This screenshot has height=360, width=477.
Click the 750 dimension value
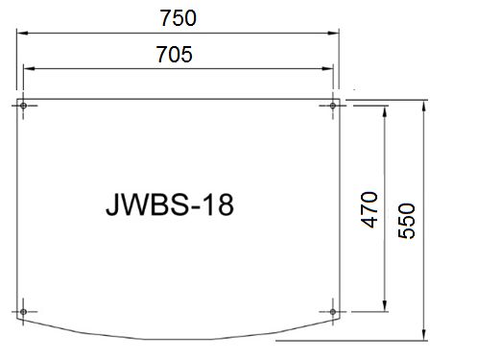pos(178,18)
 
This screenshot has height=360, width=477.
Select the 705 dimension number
pos(175,55)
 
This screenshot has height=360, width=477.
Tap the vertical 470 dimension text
pos(370,209)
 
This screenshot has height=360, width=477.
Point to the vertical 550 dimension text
pos(406,221)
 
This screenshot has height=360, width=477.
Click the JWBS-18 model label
pos(170,204)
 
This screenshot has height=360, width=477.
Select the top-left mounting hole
pos(23,106)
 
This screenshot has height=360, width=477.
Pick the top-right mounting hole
pos(333,106)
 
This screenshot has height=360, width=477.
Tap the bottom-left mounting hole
pos(23,311)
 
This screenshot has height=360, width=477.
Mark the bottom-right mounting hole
pos(333,311)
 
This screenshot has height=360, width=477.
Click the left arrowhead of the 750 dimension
pos(22,33)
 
